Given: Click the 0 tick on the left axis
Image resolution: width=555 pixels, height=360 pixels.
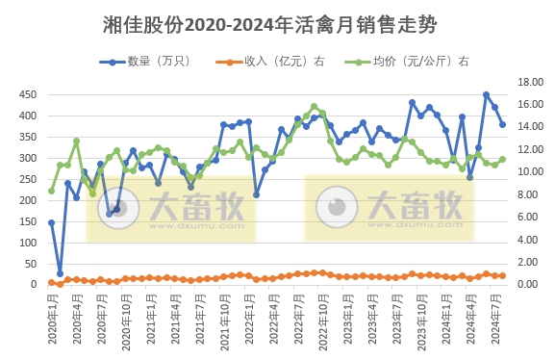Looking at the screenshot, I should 33,284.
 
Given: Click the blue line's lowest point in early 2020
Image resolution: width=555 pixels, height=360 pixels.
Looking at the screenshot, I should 60,273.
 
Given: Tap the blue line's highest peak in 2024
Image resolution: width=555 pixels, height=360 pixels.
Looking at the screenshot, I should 486,94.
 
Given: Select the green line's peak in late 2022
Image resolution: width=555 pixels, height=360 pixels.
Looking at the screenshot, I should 314,107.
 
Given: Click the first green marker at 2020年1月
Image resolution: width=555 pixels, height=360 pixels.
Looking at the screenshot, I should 51,191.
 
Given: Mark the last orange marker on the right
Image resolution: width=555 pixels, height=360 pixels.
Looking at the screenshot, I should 502,276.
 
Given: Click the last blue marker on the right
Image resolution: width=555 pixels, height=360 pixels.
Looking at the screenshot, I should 502,124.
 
